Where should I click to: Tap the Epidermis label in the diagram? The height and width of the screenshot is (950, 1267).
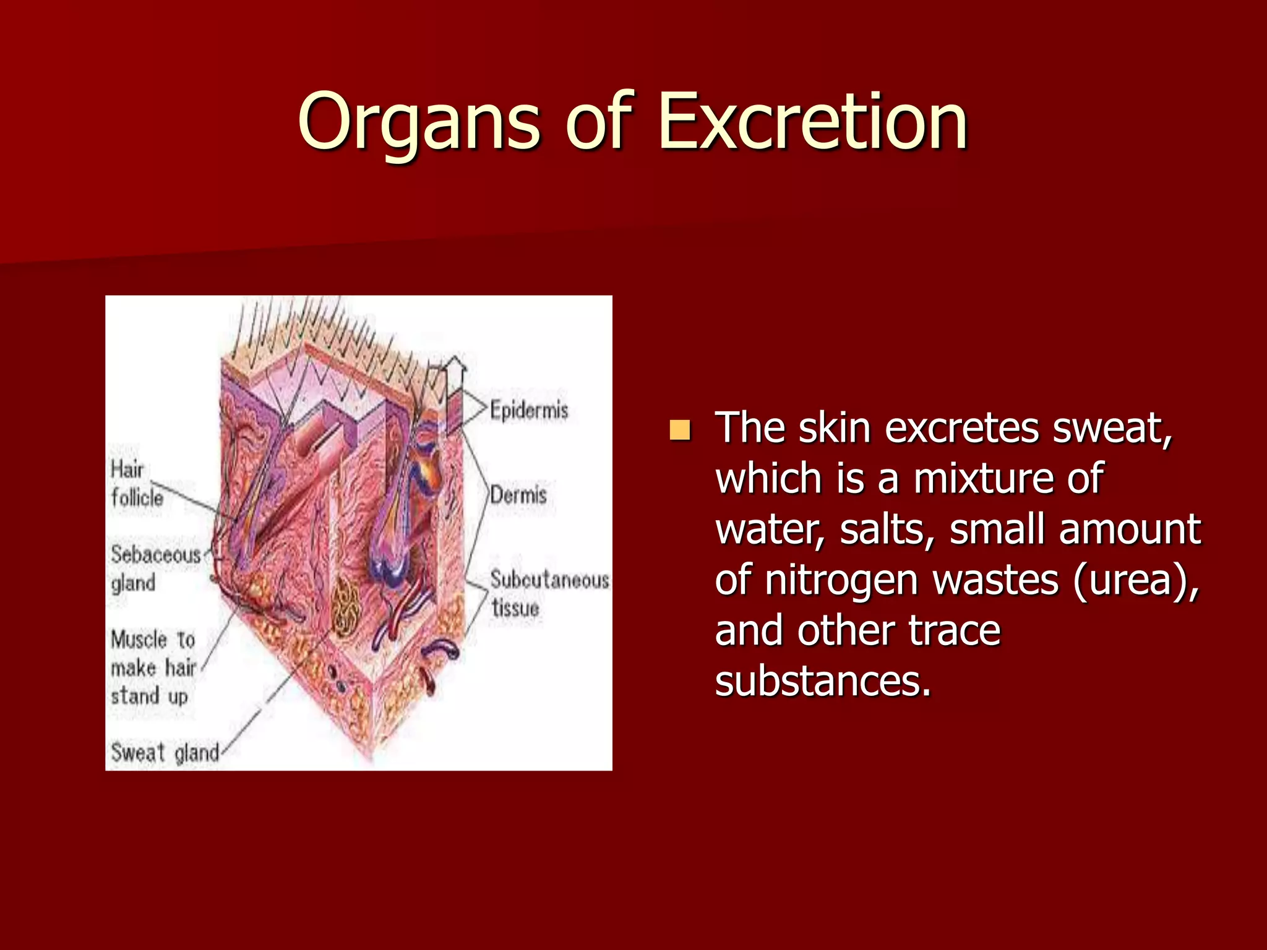point(529,409)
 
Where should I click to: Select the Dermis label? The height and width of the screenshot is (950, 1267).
point(518,495)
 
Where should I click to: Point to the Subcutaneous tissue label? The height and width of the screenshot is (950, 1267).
point(548,594)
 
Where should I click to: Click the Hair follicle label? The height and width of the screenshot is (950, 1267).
point(136,483)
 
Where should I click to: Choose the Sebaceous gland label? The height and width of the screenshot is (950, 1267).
point(155,568)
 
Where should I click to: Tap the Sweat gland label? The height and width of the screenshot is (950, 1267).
point(165,753)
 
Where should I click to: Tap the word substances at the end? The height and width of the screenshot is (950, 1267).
point(823,681)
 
